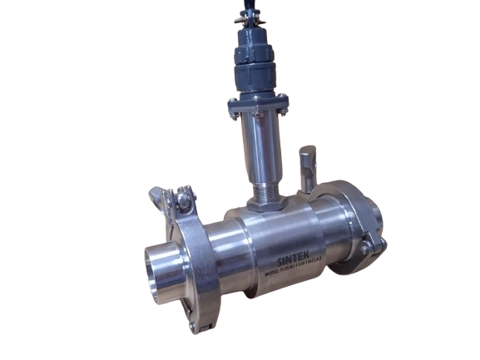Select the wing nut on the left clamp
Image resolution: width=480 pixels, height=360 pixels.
point(161,198)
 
